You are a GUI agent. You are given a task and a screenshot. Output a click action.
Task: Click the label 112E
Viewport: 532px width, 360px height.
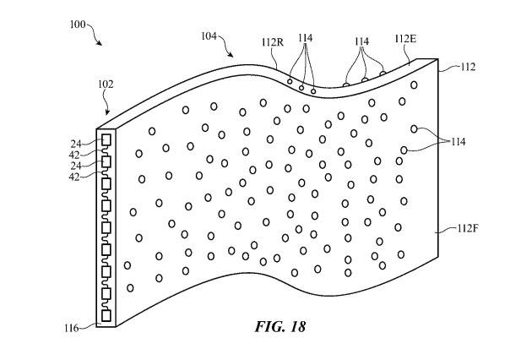tap(405, 40)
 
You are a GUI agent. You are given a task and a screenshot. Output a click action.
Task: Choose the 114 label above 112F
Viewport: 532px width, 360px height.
tap(456, 140)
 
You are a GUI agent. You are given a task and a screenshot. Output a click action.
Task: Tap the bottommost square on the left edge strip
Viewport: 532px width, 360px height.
tap(106, 315)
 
